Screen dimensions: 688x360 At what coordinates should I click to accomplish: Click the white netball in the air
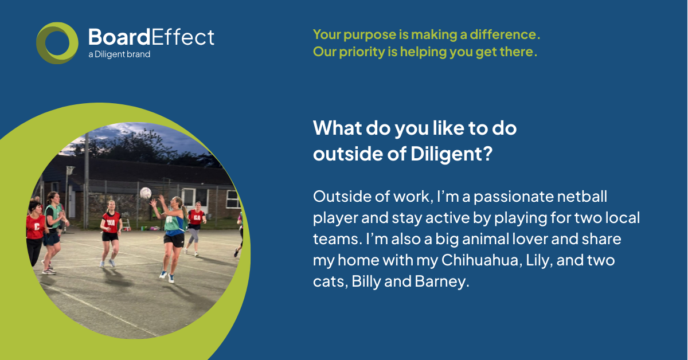(146, 193)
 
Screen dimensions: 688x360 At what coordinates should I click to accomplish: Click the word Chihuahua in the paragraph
(482, 260)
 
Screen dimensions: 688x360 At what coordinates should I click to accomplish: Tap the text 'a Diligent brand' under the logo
(119, 54)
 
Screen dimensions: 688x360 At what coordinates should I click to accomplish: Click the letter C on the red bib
(37, 226)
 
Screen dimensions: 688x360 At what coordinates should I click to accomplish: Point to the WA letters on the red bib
(111, 222)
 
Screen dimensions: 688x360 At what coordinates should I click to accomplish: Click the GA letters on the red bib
(197, 218)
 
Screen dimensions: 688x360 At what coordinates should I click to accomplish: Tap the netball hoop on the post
(71, 169)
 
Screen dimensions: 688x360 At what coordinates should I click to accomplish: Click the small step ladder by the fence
(126, 225)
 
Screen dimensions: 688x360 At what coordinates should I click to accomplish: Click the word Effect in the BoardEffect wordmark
(182, 37)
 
